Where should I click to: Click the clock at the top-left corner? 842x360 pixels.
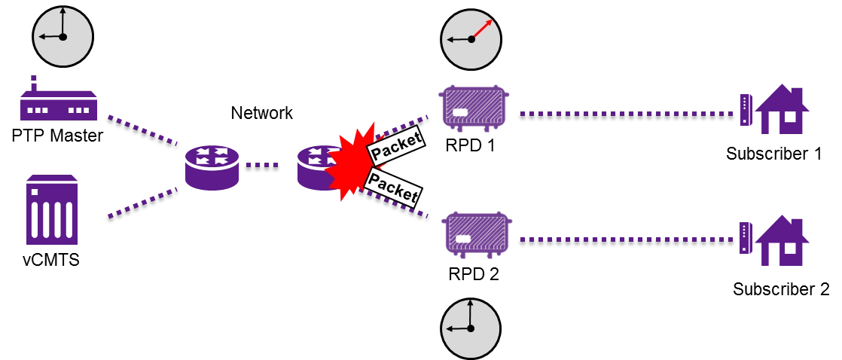pyautogui.click(x=63, y=36)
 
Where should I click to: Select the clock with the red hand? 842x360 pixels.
pyautogui.click(x=471, y=39)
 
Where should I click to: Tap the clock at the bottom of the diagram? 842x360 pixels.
pyautogui.click(x=470, y=328)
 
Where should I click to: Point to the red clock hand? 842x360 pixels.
pyautogui.click(x=482, y=29)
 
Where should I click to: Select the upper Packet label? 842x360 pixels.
pyautogui.click(x=395, y=145)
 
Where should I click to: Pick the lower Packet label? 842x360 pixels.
pyautogui.click(x=392, y=188)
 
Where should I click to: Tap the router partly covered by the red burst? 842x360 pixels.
pyautogui.click(x=313, y=167)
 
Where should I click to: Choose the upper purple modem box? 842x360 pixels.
pyautogui.click(x=473, y=107)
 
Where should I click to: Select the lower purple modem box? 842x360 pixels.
pyautogui.click(x=475, y=234)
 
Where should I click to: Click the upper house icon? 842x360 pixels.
pyautogui.click(x=776, y=110)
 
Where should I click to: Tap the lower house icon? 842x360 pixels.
pyautogui.click(x=776, y=241)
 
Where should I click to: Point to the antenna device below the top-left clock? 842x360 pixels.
pyautogui.click(x=59, y=102)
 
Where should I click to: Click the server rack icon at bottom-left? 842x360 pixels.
pyautogui.click(x=51, y=210)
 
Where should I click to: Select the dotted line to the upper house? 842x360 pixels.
pyautogui.click(x=625, y=113)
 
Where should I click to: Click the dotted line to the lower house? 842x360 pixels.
pyautogui.click(x=625, y=239)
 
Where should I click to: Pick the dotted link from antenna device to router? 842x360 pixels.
pyautogui.click(x=143, y=130)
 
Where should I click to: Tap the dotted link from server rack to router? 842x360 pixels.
pyautogui.click(x=142, y=203)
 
